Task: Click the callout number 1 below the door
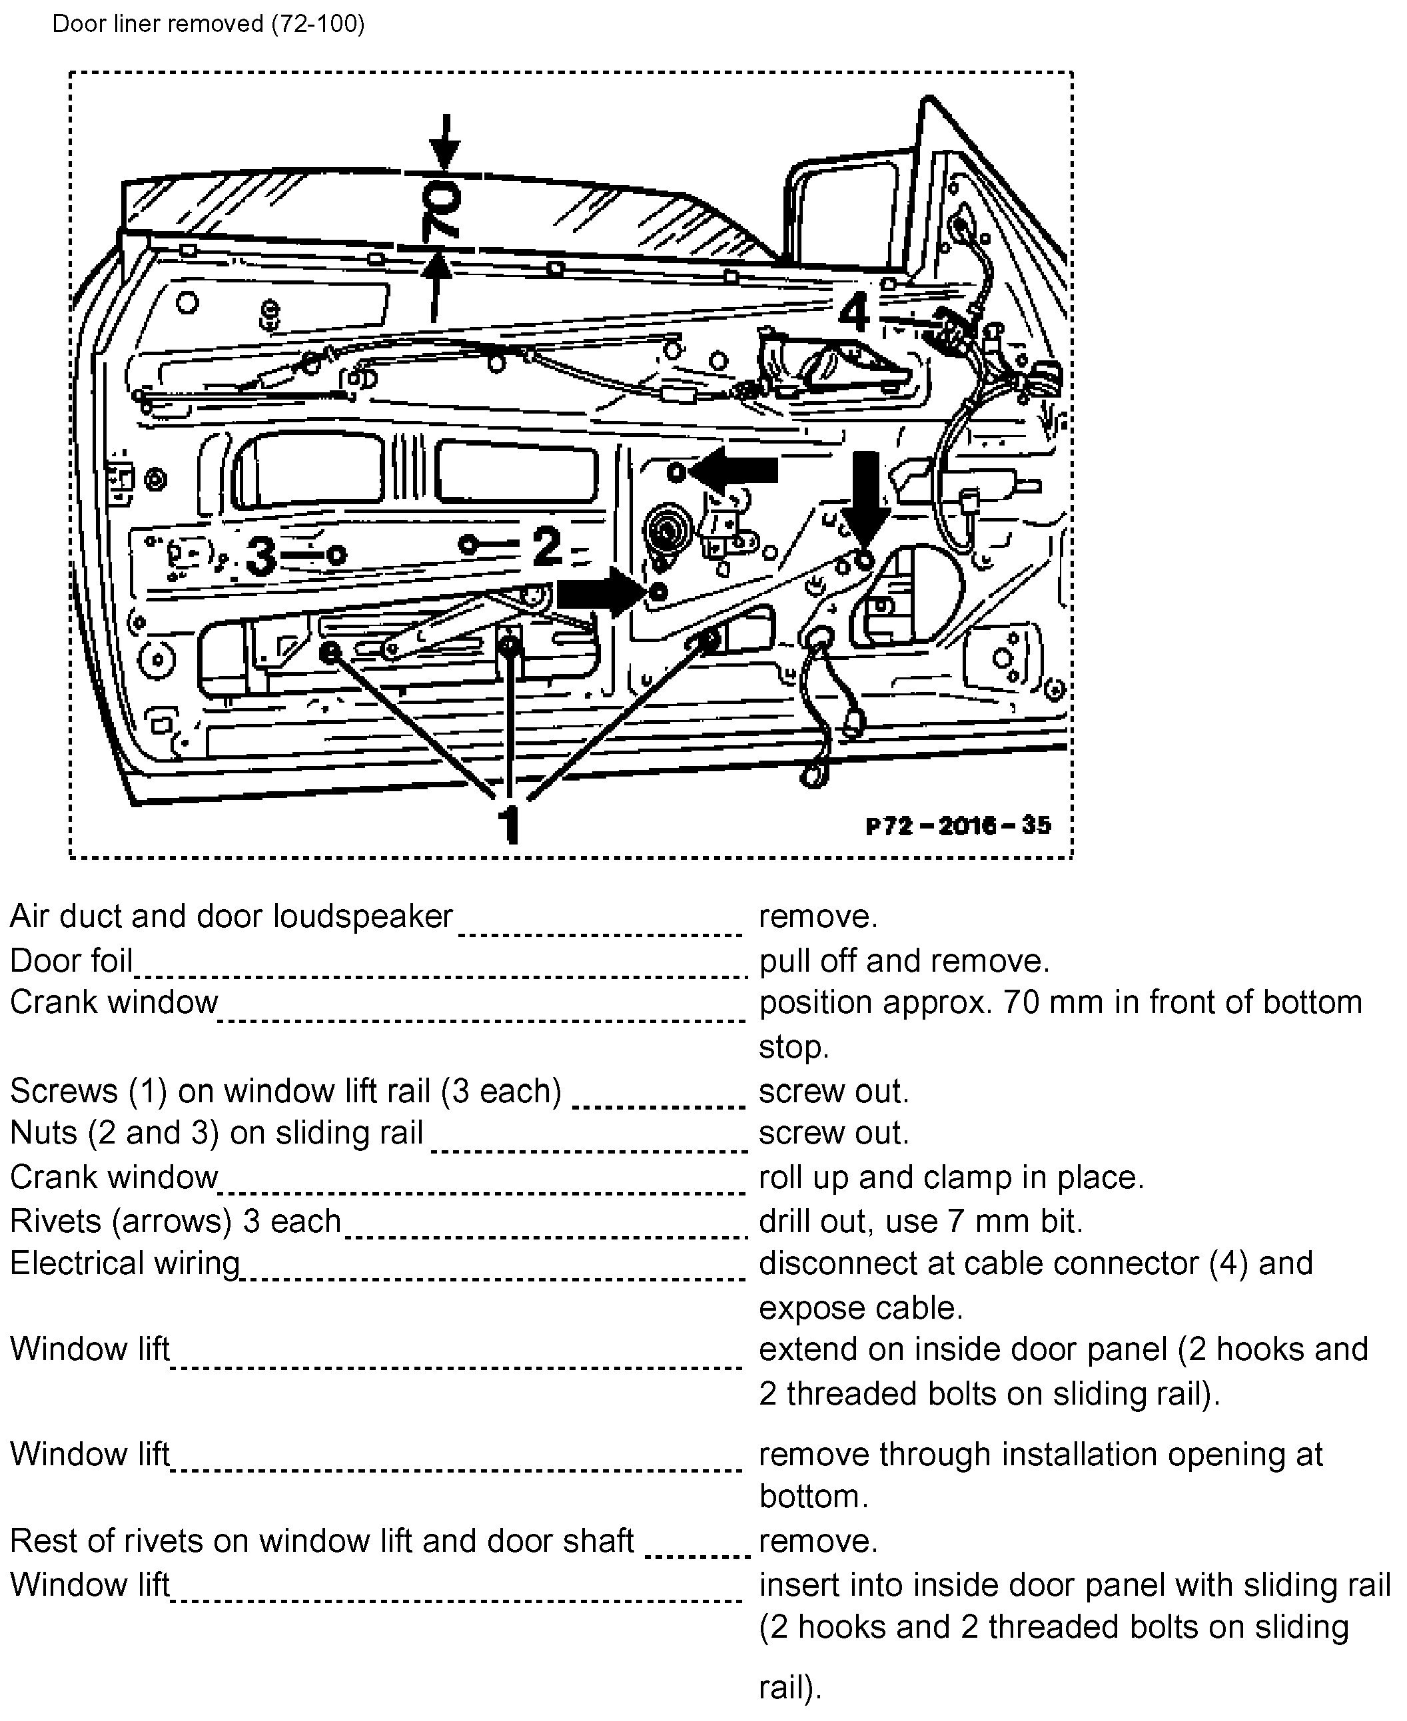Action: pyautogui.click(x=509, y=824)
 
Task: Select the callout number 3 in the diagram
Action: pyautogui.click(x=261, y=557)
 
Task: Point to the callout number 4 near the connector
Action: pyautogui.click(x=853, y=313)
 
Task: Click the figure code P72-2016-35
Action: pyautogui.click(x=958, y=826)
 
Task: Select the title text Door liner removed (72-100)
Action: pyautogui.click(x=209, y=23)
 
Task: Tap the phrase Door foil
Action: pyautogui.click(x=71, y=961)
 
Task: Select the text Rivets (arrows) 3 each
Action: pyautogui.click(x=175, y=1221)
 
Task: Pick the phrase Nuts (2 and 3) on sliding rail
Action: pyautogui.click(x=217, y=1133)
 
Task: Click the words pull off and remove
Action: pyautogui.click(x=903, y=961)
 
